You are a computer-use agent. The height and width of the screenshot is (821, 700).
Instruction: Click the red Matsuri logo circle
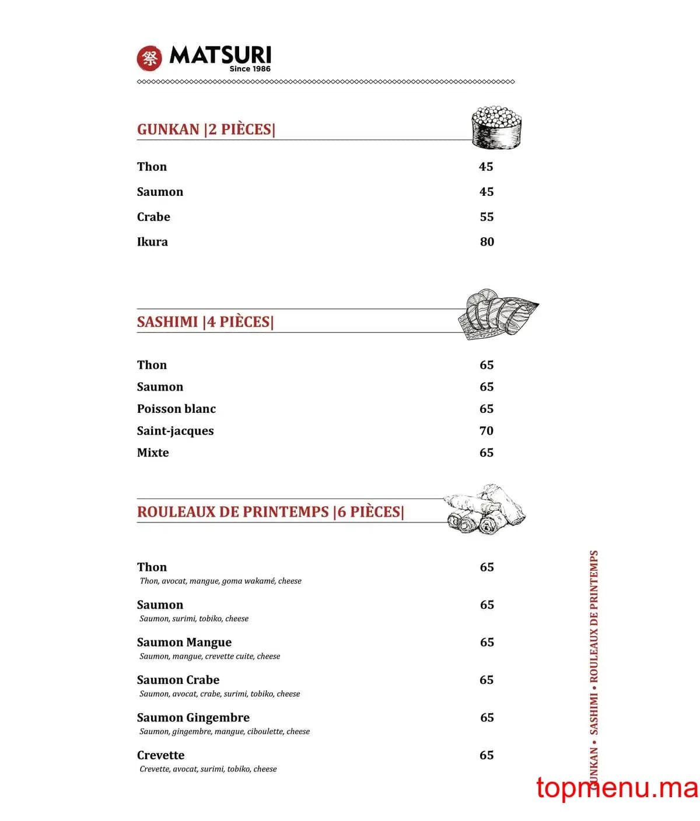(x=149, y=58)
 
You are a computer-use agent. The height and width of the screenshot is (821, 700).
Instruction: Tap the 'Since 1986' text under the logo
(x=250, y=69)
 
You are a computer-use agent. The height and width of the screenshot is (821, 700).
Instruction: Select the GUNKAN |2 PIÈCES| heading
(x=206, y=129)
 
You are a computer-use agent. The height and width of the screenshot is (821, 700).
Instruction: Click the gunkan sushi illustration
(x=495, y=127)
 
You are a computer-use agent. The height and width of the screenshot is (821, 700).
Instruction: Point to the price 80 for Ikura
(x=487, y=241)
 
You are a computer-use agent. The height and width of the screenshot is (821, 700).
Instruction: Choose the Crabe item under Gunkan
(x=153, y=217)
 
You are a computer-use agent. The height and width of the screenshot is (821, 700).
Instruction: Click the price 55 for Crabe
(x=487, y=217)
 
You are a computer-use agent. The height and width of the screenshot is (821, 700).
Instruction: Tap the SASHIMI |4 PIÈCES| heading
(x=205, y=321)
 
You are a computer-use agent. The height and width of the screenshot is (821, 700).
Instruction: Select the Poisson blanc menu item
(x=176, y=409)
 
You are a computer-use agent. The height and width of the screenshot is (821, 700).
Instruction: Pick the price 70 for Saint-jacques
(x=486, y=431)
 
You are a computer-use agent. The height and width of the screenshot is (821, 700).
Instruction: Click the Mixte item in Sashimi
(x=153, y=452)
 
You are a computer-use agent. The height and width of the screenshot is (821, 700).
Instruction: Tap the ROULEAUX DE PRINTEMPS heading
(x=270, y=511)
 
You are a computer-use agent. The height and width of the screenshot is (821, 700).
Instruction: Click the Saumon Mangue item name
(x=184, y=642)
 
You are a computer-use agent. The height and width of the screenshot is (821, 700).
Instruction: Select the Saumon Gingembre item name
(x=193, y=717)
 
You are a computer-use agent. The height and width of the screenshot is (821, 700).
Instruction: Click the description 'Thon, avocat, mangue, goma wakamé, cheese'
(x=220, y=581)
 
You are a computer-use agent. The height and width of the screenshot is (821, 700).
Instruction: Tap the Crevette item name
(x=160, y=755)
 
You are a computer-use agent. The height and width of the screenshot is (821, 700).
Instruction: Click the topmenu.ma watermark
(x=617, y=788)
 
